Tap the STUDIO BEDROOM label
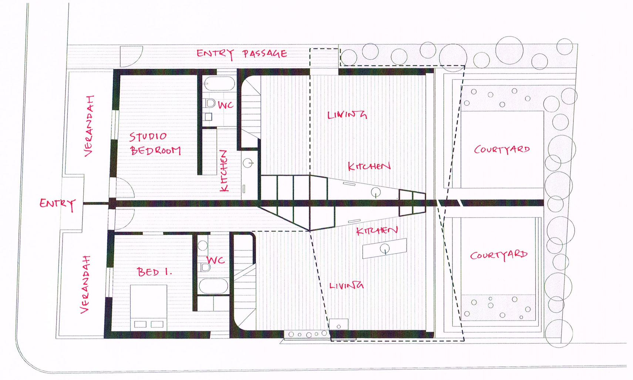(155, 144)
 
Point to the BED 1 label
(155, 272)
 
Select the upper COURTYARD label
(502, 149)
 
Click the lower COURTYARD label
(499, 255)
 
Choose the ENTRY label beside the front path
(58, 204)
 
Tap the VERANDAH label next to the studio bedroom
(89, 126)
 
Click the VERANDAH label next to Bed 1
(85, 285)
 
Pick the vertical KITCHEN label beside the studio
(224, 171)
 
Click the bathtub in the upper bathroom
(219, 83)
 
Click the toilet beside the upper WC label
(209, 103)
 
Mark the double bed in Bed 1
(149, 307)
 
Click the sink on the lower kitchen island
(385, 249)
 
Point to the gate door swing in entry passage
(131, 57)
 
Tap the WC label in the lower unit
(216, 260)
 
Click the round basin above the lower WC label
(203, 246)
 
